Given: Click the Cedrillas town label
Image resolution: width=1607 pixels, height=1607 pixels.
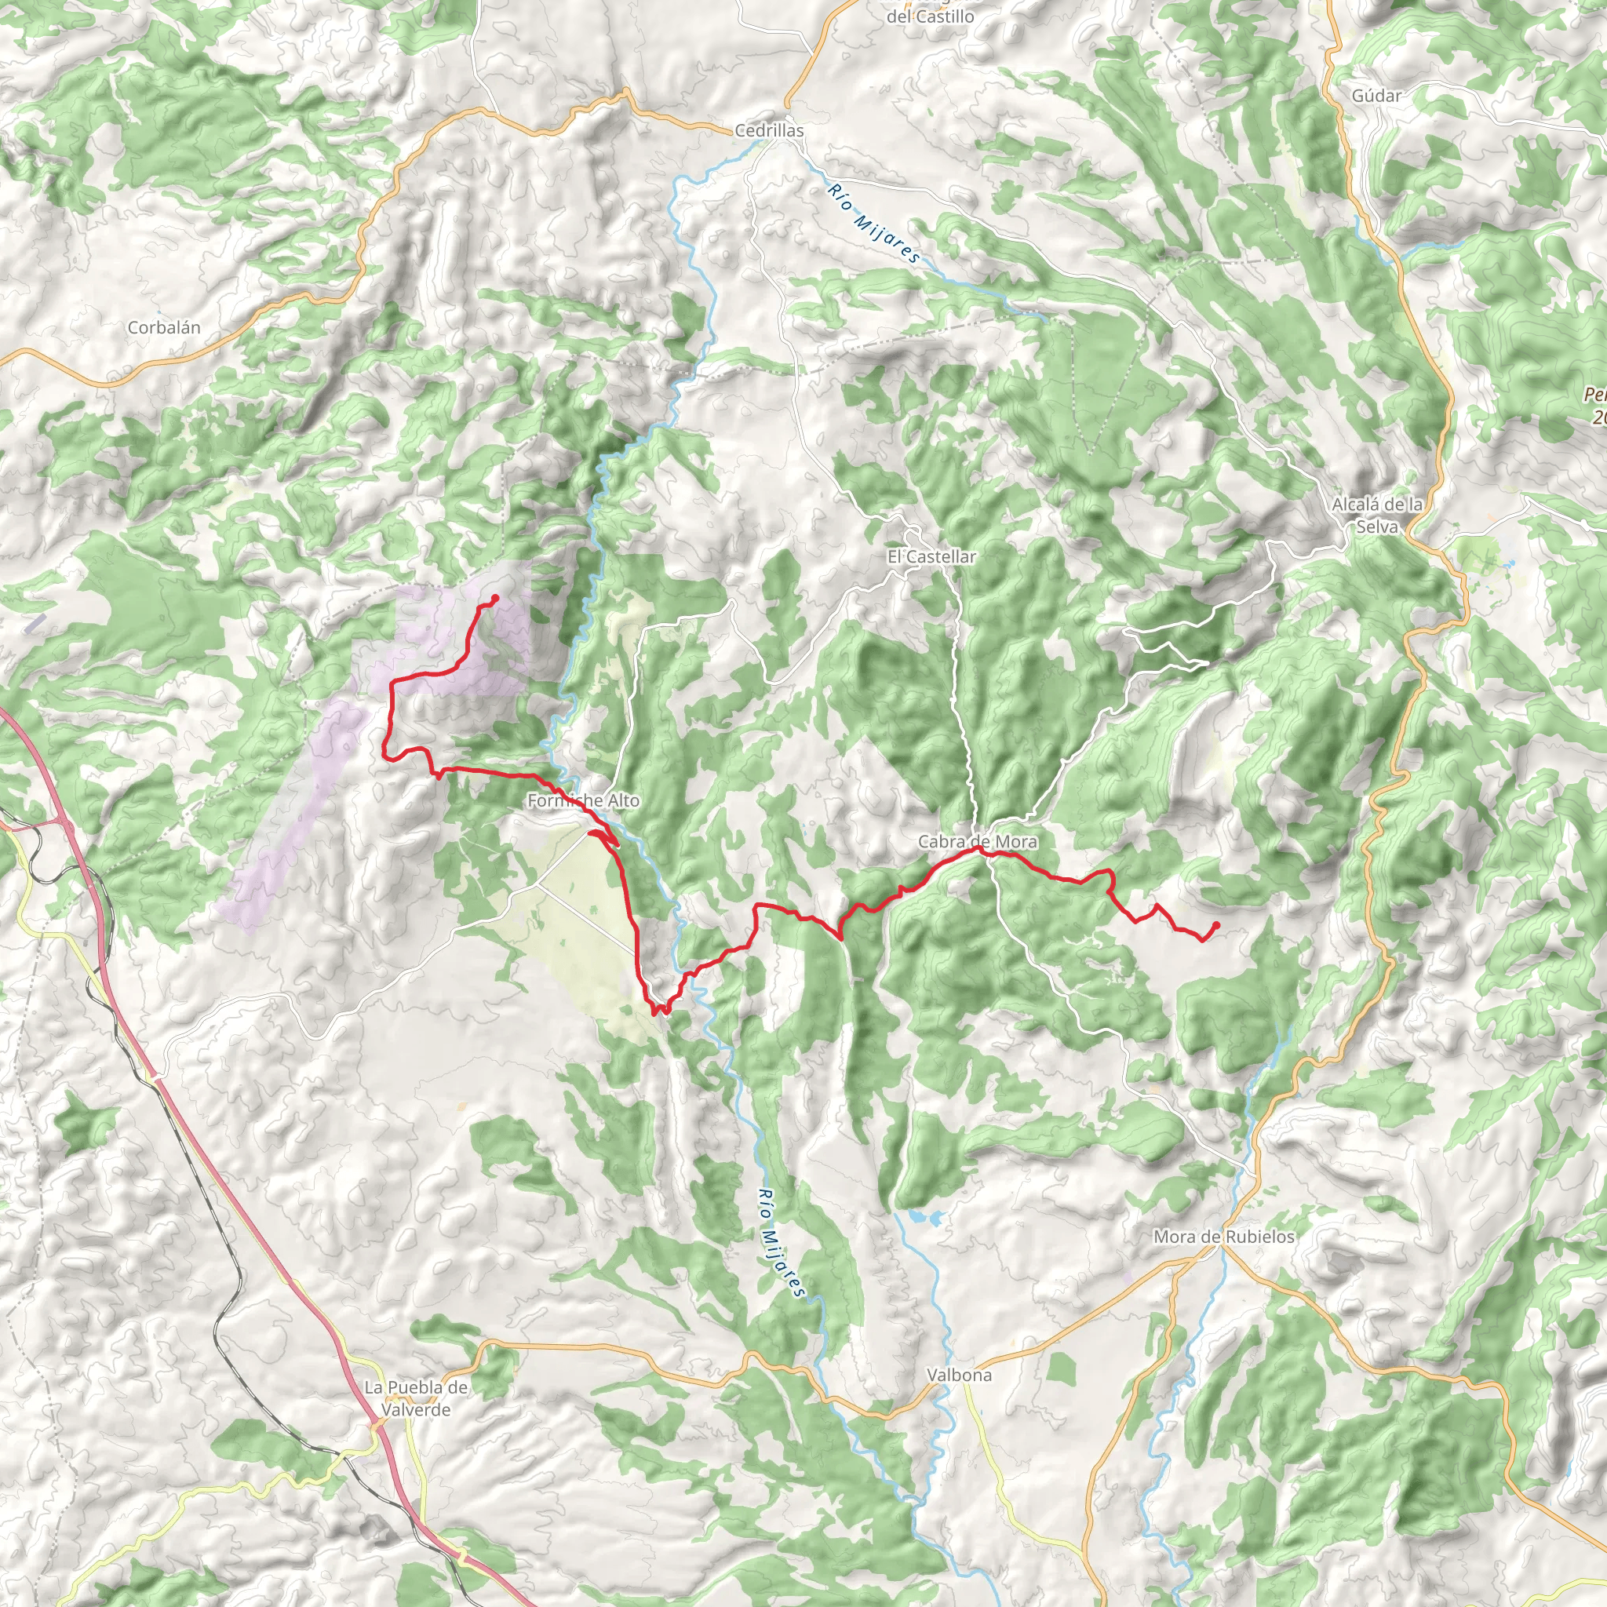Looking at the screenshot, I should [x=768, y=130].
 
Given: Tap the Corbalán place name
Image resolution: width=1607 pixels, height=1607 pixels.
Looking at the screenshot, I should [x=164, y=328].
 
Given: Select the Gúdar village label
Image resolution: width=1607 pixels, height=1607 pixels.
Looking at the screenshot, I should [x=1376, y=96].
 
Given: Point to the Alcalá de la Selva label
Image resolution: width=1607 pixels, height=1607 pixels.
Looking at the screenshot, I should [x=1376, y=515].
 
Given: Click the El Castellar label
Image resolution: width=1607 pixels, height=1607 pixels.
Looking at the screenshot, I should [x=931, y=556].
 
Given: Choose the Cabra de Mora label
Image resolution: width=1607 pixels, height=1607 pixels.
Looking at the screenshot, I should [x=978, y=842].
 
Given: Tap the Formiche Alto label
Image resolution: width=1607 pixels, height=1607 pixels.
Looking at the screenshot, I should [x=583, y=800].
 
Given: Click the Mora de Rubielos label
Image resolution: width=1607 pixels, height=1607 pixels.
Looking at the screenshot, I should [x=1223, y=1237].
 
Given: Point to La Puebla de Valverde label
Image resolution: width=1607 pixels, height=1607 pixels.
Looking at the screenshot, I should [x=416, y=1398].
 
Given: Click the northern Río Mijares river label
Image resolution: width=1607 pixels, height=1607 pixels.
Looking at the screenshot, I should [x=873, y=223].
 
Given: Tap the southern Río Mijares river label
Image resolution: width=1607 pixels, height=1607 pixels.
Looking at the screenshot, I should [x=782, y=1242].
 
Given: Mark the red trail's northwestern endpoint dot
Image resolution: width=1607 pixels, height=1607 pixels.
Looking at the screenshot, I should [x=495, y=598].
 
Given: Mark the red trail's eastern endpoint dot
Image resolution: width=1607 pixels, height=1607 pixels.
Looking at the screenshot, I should [x=1216, y=925].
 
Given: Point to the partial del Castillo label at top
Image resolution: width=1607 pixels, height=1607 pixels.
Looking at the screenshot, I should [x=930, y=15].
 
